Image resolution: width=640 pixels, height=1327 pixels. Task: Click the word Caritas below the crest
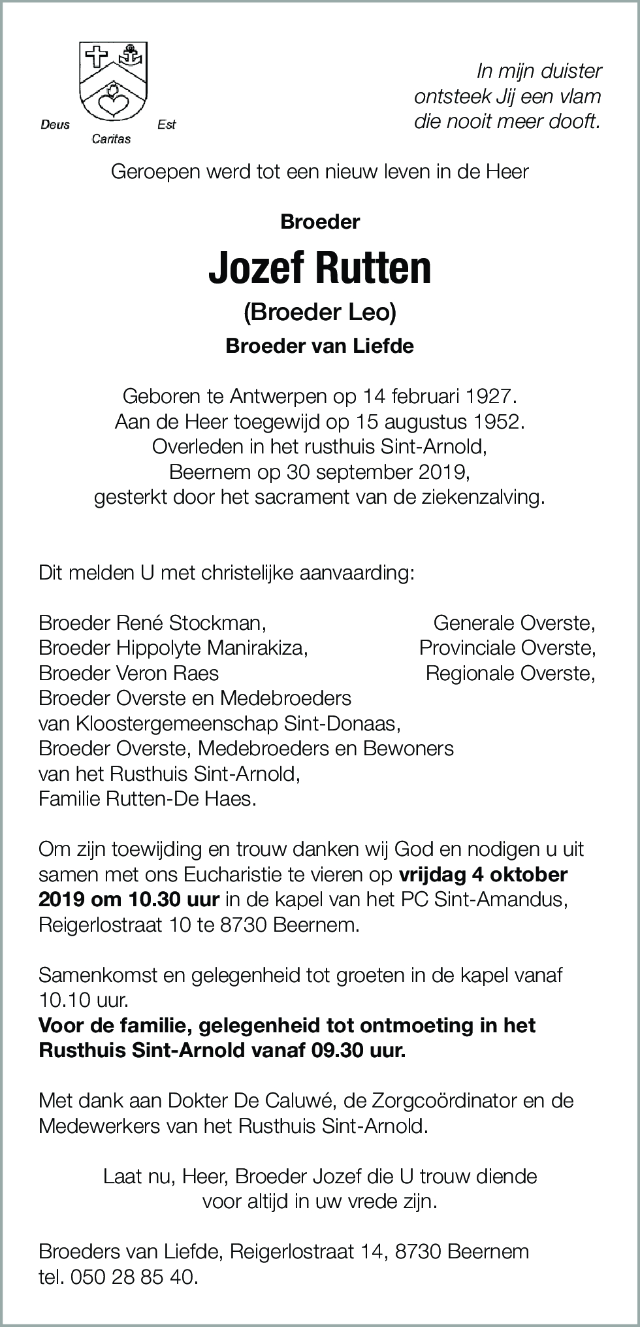pyautogui.click(x=111, y=139)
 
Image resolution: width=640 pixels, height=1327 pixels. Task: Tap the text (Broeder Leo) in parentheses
pyautogui.click(x=320, y=313)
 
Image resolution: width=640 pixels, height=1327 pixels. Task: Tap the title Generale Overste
pyautogui.click(x=514, y=623)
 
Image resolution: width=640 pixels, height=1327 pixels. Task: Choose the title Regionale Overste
pyautogui.click(x=510, y=672)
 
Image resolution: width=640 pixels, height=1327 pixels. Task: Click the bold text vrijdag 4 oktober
pyautogui.click(x=483, y=874)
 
